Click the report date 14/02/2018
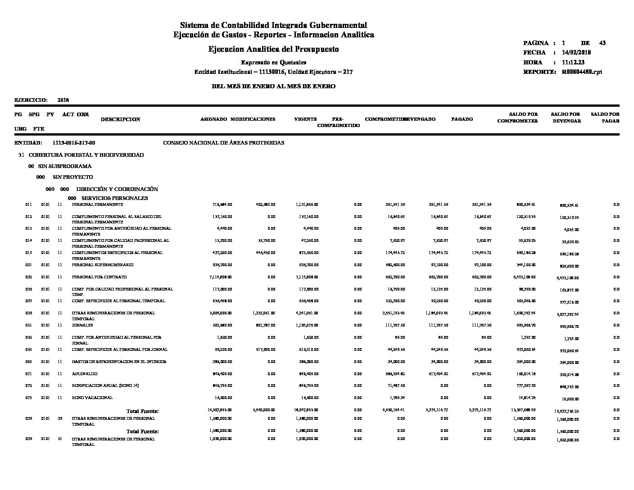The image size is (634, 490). coord(576,53)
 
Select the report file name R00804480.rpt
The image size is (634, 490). coord(582,72)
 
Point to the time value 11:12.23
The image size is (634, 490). coord(573,63)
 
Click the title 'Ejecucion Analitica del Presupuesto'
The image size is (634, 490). coord(273,49)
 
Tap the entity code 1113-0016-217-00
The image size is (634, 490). coord(74,143)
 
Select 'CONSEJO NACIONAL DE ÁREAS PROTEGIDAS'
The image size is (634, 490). coord(223,143)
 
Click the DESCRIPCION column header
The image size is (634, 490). coord(120,119)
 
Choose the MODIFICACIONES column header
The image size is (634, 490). coord(253,119)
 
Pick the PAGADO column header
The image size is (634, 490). coord(462,119)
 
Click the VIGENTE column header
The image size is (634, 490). coord(305,119)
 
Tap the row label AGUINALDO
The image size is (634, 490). coord(85,374)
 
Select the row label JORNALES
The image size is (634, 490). coord(82,325)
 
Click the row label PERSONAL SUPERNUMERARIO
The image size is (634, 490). coord(102,265)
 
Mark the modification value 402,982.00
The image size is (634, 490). coord(265,204)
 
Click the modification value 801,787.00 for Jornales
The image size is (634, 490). coord(265,325)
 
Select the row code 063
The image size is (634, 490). coord(29,362)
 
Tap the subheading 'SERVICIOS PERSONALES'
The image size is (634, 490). coord(114,198)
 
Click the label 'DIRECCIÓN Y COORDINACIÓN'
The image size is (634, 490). coord(117,189)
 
